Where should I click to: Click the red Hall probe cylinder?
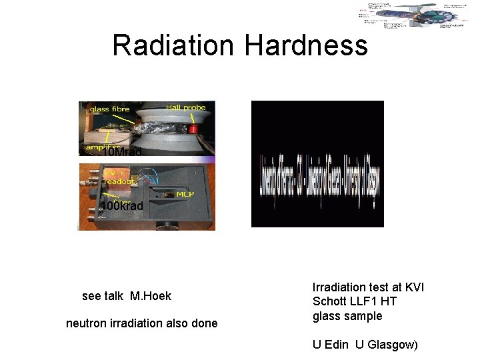195,127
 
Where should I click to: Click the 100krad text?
122,206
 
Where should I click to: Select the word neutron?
86,323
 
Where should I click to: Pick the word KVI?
413,287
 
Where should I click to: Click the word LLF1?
365,301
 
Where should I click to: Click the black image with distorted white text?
317,164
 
